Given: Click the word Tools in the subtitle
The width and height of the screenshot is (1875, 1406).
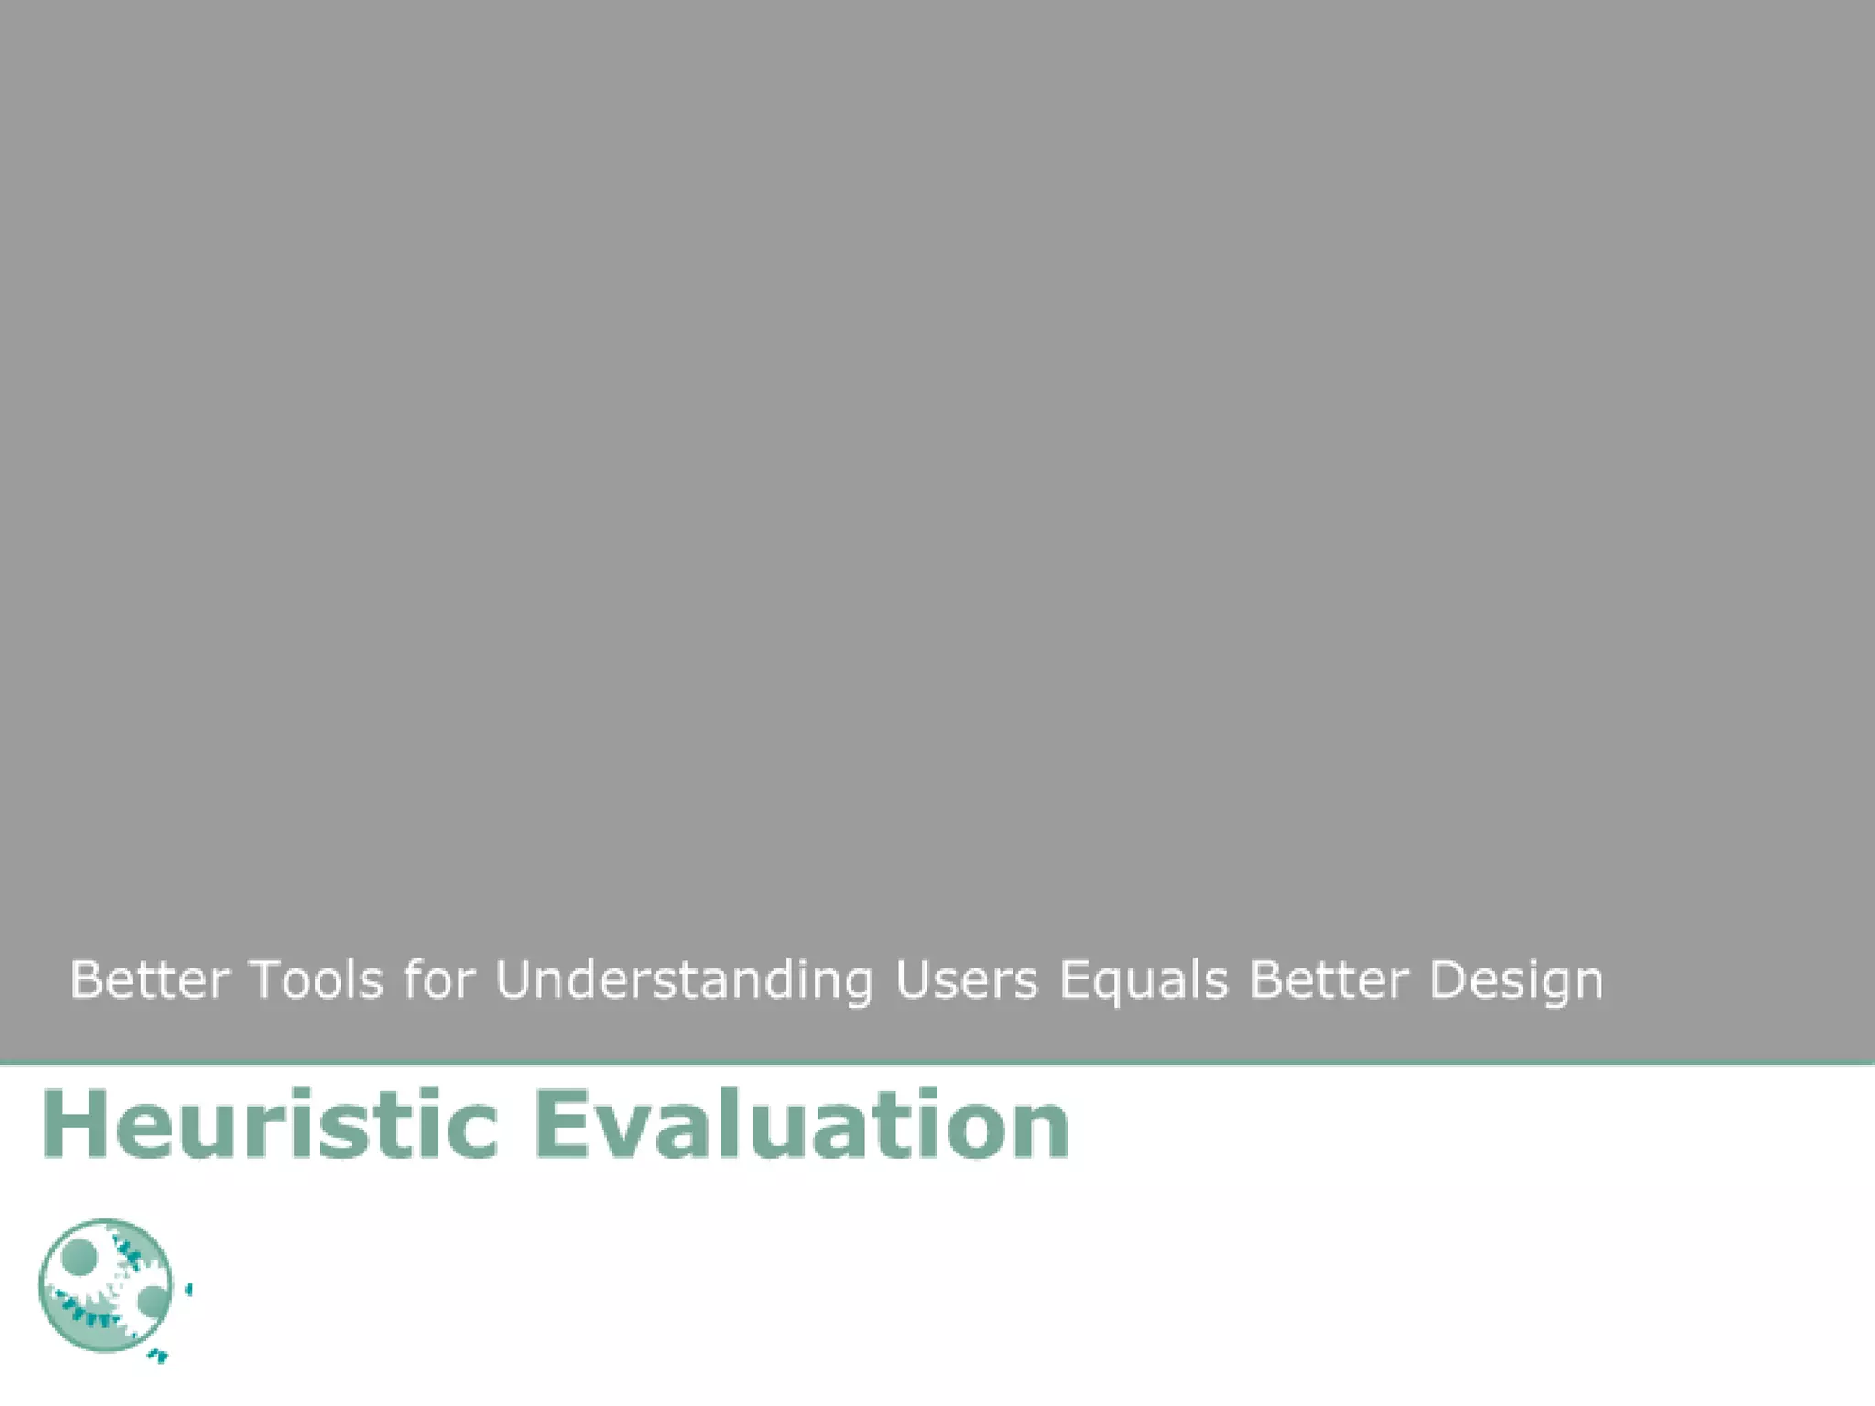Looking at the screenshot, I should coord(317,979).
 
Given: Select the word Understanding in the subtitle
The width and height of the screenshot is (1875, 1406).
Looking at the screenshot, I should coord(684,981).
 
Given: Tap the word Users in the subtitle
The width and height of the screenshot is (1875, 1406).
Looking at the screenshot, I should coord(966,979).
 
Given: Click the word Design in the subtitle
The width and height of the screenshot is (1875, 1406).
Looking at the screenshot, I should coord(1516,981).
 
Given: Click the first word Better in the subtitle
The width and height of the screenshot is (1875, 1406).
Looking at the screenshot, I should coord(149,979).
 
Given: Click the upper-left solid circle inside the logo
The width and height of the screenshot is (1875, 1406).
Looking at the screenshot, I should coord(80,1258).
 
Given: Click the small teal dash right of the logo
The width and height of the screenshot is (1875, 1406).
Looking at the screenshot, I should coord(190,1291).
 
